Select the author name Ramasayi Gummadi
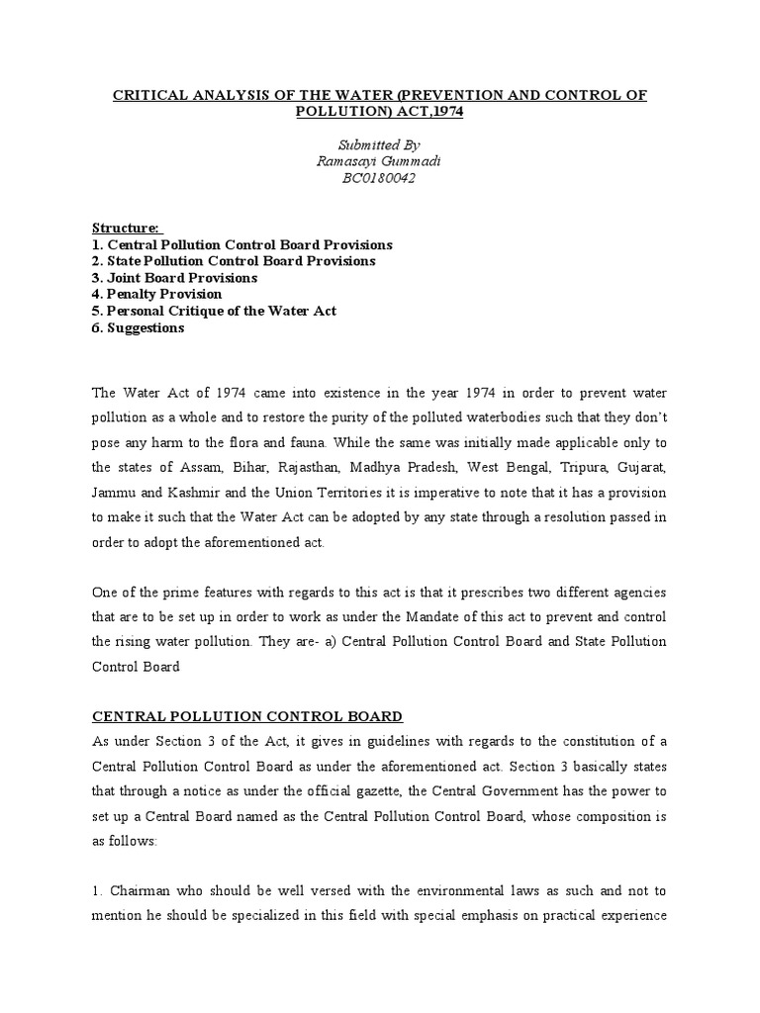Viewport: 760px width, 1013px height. (x=380, y=160)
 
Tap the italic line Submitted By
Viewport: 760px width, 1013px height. (x=380, y=144)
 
